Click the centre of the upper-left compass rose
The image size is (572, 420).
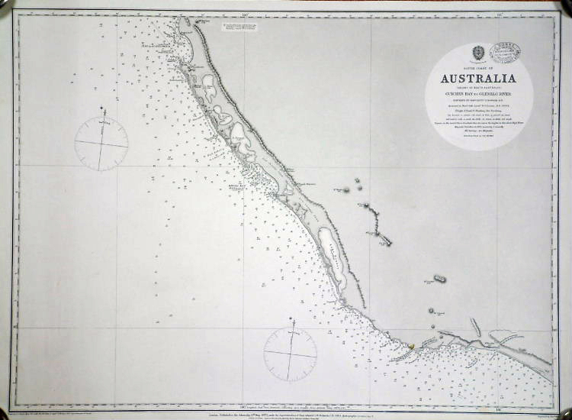point(101,144)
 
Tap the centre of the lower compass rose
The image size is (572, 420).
point(291,354)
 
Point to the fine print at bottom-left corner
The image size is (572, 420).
point(61,406)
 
